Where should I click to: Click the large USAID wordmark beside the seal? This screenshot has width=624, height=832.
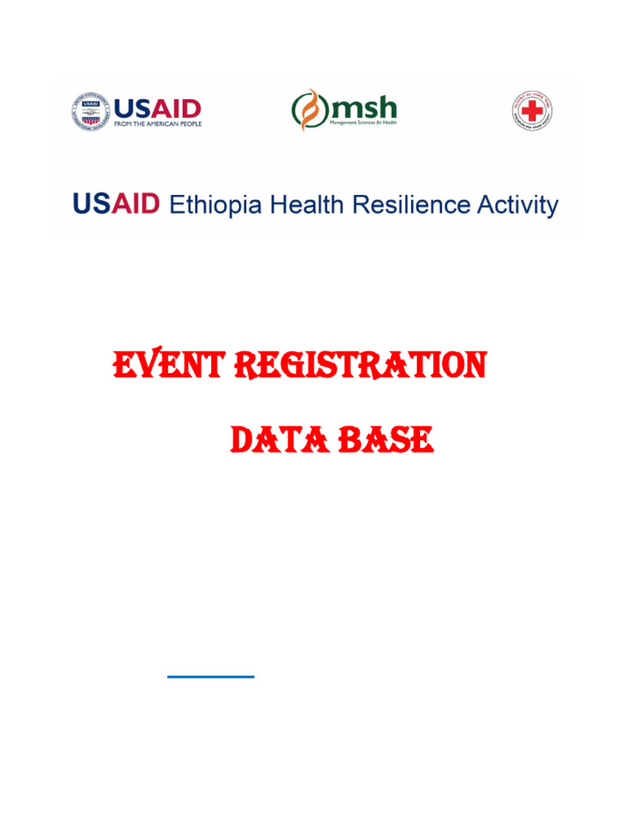tap(157, 107)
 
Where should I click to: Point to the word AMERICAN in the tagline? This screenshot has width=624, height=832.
tap(158, 123)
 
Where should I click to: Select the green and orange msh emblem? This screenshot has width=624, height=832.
tap(308, 110)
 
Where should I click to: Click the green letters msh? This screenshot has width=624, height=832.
tap(362, 106)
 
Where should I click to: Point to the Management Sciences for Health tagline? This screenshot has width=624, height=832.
tap(362, 123)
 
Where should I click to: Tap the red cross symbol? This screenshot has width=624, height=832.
tap(531, 110)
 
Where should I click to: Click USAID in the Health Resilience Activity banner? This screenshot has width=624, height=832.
tap(116, 204)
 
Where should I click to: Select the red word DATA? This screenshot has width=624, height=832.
tap(272, 441)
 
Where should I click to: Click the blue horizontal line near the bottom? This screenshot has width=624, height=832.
tap(210, 675)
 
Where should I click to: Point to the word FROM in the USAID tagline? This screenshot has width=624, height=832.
tap(122, 123)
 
